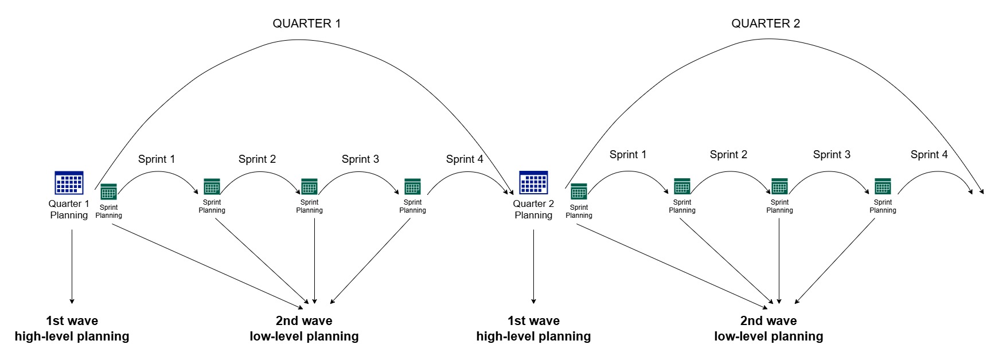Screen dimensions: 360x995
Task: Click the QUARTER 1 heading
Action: (306, 24)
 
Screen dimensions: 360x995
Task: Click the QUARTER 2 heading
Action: (765, 24)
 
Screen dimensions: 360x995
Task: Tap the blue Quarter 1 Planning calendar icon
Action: (69, 183)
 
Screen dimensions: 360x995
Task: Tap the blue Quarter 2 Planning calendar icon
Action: (533, 183)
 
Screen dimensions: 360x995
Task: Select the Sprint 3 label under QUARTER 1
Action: (360, 159)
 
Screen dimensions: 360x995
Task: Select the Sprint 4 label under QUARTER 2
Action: (929, 155)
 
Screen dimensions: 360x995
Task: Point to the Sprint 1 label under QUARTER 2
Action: (627, 155)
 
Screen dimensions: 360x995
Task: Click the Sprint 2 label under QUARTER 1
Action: (257, 159)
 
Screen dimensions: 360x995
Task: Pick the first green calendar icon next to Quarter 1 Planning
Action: (108, 191)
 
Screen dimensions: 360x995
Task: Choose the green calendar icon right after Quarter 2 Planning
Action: (579, 191)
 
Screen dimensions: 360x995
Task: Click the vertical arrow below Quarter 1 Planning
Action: (72, 267)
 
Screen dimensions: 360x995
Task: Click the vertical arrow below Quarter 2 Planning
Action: (533, 267)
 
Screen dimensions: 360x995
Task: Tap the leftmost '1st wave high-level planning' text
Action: (72, 328)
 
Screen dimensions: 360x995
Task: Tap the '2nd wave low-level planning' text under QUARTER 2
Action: (768, 328)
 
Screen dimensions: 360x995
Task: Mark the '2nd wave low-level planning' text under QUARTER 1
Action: (304, 328)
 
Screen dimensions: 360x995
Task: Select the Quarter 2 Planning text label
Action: (533, 209)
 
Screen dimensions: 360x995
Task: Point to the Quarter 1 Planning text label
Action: (69, 209)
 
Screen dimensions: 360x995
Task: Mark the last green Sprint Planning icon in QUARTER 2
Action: (883, 186)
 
